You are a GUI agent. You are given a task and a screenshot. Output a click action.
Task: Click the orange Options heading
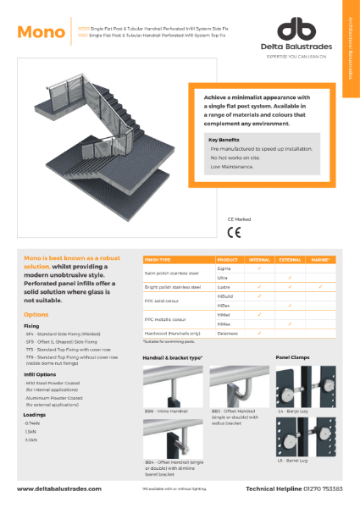coord(36,314)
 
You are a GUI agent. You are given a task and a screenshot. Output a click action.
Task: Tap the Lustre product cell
coord(225,287)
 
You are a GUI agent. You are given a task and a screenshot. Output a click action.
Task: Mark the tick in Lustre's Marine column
coord(320,287)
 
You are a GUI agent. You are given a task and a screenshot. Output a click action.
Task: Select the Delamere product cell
coord(229,334)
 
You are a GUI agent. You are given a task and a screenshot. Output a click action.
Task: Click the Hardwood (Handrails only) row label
coord(174,334)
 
